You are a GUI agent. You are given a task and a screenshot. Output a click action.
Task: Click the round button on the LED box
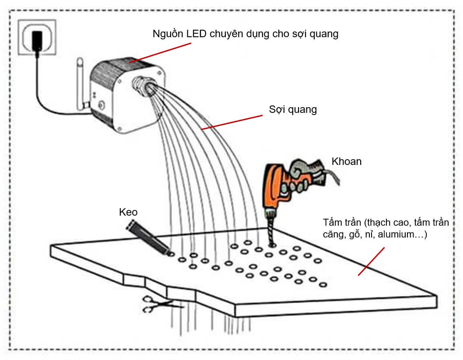[x=102, y=105]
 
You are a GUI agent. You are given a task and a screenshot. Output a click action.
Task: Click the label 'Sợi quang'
[x=293, y=109]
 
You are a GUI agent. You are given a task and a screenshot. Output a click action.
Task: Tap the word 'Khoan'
[x=347, y=161]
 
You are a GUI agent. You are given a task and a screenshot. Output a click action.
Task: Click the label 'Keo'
[x=128, y=212]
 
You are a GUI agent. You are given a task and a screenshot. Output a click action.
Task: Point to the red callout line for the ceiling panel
[x=371, y=261]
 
